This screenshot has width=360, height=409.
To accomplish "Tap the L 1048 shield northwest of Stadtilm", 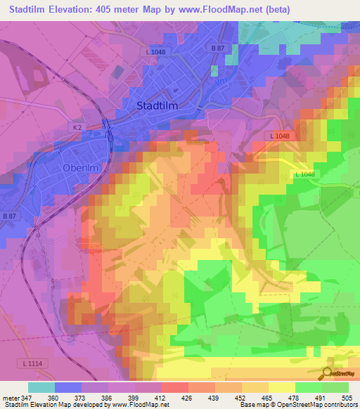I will pos(157,52).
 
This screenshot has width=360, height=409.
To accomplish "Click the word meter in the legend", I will pos(11,398).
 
